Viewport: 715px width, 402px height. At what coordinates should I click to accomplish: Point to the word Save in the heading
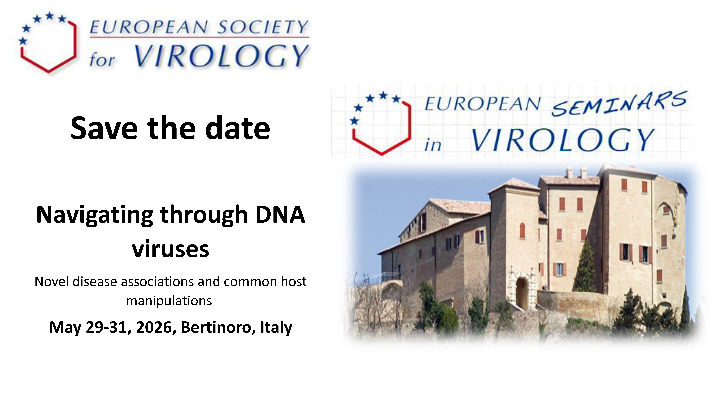[104, 128]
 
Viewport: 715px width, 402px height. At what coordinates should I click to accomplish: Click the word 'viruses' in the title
[170, 249]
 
